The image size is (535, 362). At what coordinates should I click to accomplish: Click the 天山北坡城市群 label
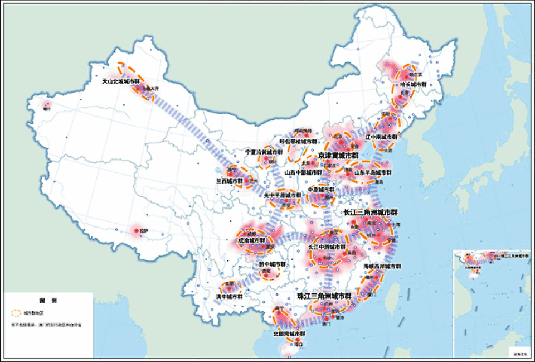pyautogui.click(x=120, y=81)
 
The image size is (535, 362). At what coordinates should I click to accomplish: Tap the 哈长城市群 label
pyautogui.click(x=412, y=84)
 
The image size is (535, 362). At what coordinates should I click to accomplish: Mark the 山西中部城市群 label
pyautogui.click(x=303, y=172)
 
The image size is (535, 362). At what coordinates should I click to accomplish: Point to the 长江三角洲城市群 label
pyautogui.click(x=371, y=213)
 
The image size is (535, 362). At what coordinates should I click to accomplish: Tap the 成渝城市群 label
pyautogui.click(x=252, y=241)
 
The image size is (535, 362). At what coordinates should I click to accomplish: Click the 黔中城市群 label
pyautogui.click(x=272, y=264)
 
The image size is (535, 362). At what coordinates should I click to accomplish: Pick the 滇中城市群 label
pyautogui.click(x=229, y=297)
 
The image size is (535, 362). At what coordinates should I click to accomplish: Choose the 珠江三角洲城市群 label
pyautogui.click(x=324, y=295)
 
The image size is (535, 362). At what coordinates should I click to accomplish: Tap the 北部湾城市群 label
pyautogui.click(x=288, y=334)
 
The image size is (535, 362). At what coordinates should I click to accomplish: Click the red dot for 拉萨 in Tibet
pyautogui.click(x=135, y=230)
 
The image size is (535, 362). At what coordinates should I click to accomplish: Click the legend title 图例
pyautogui.click(x=47, y=300)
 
